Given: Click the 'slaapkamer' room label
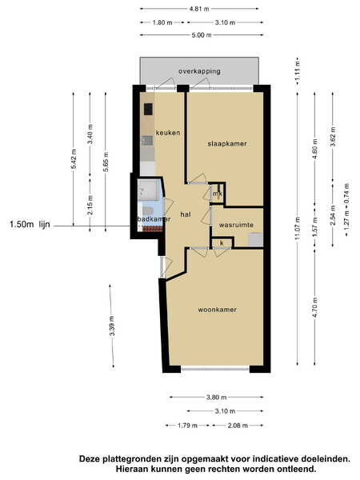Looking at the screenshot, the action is [227, 143].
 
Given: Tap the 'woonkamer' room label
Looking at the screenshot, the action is [217, 310].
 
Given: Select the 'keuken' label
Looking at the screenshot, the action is [168, 133].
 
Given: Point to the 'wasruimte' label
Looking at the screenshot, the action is [236, 225].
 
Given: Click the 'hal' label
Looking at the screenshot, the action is [186, 214].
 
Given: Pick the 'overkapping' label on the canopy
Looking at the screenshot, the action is [199, 72].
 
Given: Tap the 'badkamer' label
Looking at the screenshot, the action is [154, 219].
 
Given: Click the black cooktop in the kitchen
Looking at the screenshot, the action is [149, 110].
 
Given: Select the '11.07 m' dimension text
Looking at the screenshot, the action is [298, 229].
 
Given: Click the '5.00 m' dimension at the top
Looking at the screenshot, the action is [202, 35].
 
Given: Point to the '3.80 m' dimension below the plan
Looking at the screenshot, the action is [217, 398].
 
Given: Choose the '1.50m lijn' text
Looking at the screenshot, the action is [30, 224].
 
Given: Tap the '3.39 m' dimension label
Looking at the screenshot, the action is [112, 326].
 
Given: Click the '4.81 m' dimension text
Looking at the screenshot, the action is [199, 9].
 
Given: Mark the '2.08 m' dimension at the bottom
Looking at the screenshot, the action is [238, 426].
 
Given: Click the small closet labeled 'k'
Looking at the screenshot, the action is [222, 243].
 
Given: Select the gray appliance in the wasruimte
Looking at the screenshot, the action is [256, 240].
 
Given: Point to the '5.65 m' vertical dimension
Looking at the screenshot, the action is [106, 162].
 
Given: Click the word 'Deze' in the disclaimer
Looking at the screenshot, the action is [90, 459].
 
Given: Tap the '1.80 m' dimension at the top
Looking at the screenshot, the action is [162, 22].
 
